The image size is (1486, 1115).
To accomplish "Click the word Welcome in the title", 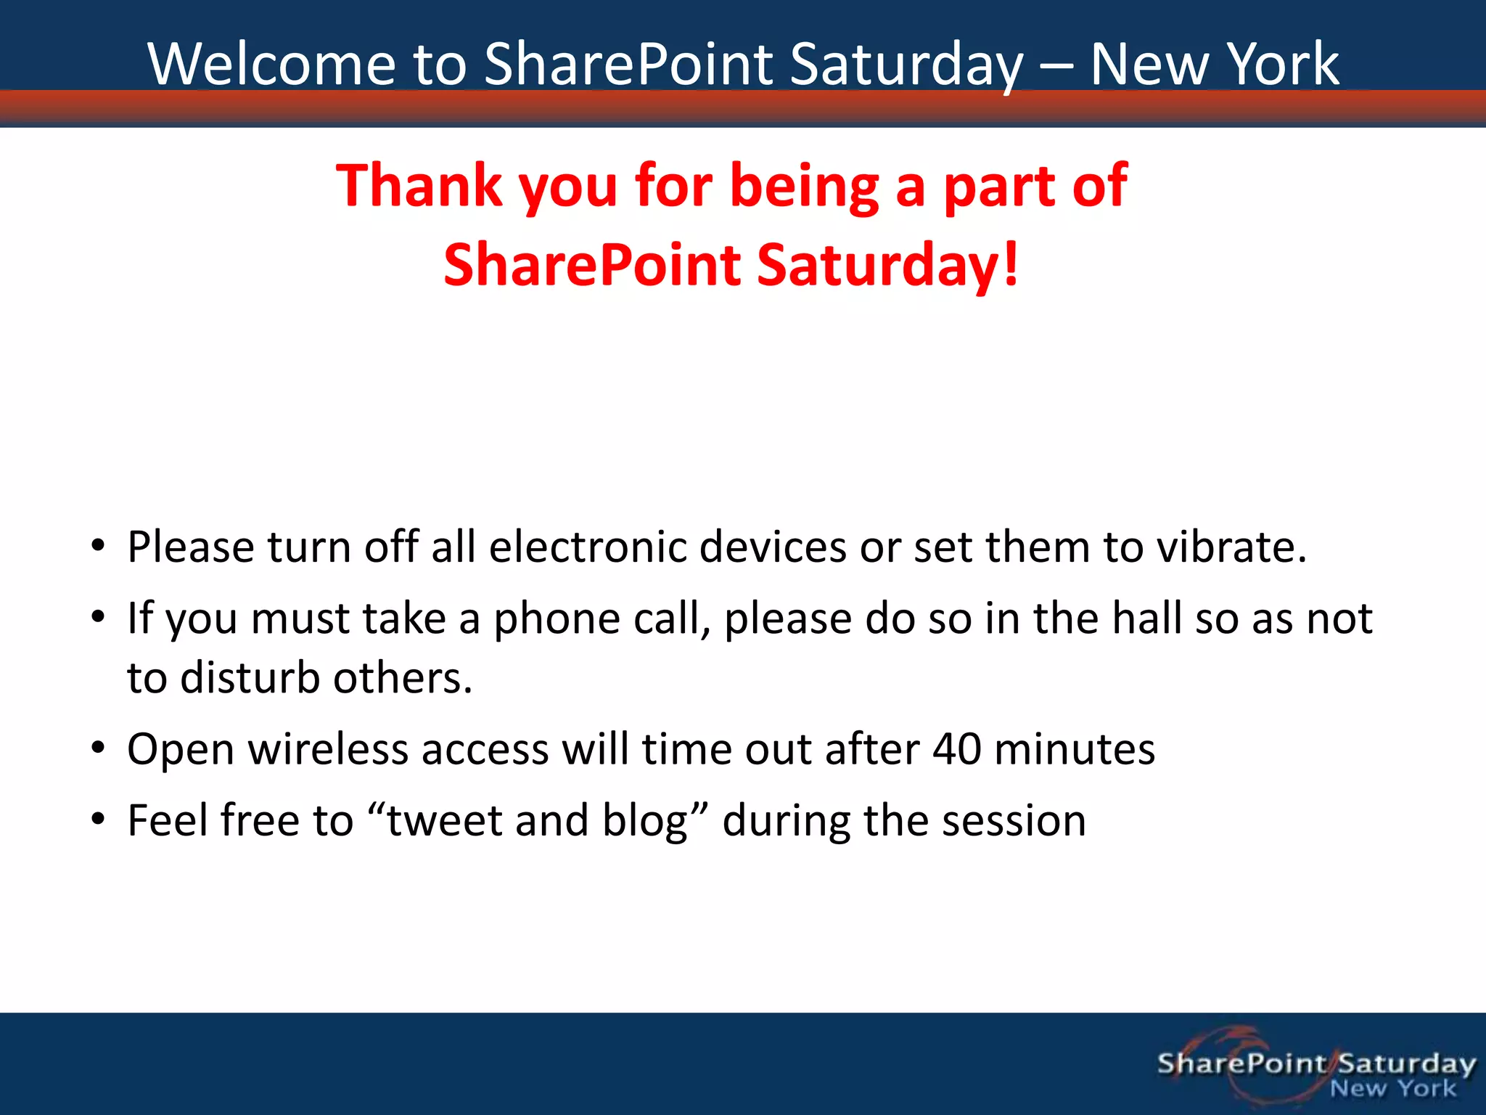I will (272, 65).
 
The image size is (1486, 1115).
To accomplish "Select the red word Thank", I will (419, 187).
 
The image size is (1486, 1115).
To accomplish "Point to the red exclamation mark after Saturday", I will (1011, 264).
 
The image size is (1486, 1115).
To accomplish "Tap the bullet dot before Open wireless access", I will (99, 748).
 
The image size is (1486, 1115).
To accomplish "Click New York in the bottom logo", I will (1392, 1088).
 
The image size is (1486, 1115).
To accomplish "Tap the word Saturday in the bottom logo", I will (1406, 1063).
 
